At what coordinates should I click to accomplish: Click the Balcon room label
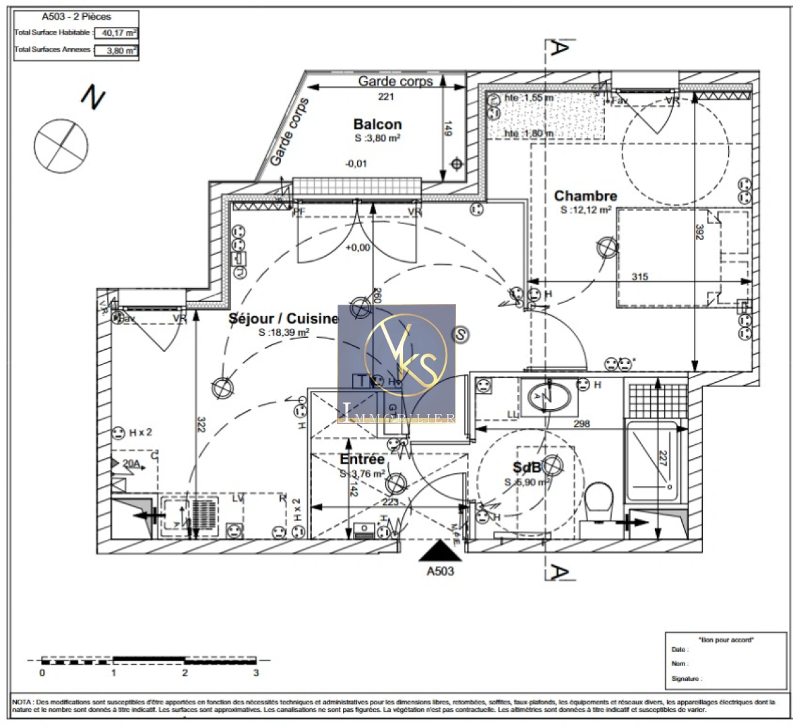pyautogui.click(x=377, y=125)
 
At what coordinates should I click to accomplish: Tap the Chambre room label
pyautogui.click(x=585, y=196)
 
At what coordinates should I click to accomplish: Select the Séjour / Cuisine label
pyautogui.click(x=283, y=319)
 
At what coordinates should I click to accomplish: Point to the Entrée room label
pyautogui.click(x=362, y=460)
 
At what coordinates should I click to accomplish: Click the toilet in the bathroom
pyautogui.click(x=598, y=499)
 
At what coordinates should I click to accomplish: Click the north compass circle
pyautogui.click(x=61, y=145)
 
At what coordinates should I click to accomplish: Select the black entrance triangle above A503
pyautogui.click(x=441, y=551)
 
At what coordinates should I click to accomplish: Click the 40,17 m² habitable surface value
pyautogui.click(x=116, y=32)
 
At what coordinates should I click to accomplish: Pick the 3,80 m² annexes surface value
pyautogui.click(x=116, y=51)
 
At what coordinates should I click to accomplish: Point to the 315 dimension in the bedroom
pyautogui.click(x=639, y=276)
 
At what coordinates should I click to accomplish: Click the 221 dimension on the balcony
pyautogui.click(x=385, y=97)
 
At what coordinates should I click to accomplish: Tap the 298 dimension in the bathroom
pyautogui.click(x=581, y=424)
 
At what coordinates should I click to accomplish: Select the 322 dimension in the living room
pyautogui.click(x=201, y=425)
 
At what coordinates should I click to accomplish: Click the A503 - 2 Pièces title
pyautogui.click(x=76, y=16)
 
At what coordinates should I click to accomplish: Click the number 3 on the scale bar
pyautogui.click(x=256, y=673)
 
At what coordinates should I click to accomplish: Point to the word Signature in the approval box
pyautogui.click(x=686, y=679)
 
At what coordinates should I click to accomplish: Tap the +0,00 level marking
pyautogui.click(x=358, y=247)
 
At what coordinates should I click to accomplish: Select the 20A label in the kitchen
pyautogui.click(x=131, y=464)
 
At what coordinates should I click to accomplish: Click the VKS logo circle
pyautogui.click(x=405, y=354)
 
